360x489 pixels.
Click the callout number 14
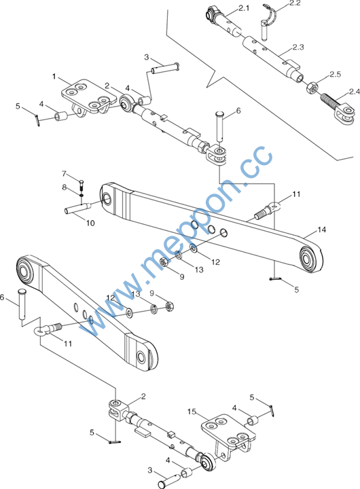322,230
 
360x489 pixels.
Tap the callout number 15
192,412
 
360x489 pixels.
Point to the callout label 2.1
244,8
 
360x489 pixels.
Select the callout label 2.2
295,3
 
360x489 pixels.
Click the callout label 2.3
298,48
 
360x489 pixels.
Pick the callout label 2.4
355,92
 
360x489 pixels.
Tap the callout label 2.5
336,74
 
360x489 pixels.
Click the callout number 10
90,223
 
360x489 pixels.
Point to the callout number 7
65,174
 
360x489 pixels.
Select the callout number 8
65,187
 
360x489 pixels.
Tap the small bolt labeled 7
82,185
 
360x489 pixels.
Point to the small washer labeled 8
82,195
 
